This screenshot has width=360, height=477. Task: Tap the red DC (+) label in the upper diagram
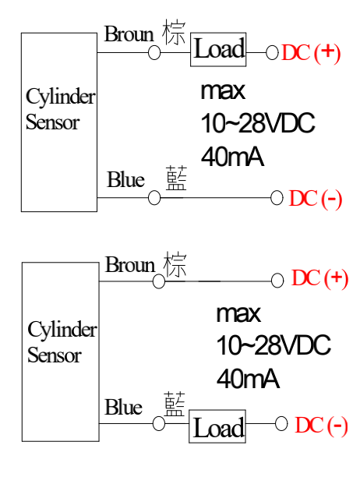click(x=311, y=53)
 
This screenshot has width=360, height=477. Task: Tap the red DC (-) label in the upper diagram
click(x=316, y=200)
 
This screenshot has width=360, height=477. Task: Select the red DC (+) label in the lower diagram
click(x=319, y=278)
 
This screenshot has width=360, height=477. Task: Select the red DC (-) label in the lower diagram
click(x=321, y=426)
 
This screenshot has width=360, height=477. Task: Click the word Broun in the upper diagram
click(x=129, y=34)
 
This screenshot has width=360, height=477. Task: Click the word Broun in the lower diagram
click(x=130, y=264)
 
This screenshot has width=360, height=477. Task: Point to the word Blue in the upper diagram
click(x=125, y=179)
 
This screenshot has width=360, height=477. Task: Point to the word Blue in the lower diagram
click(x=123, y=407)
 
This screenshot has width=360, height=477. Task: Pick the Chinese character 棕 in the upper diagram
click(x=174, y=32)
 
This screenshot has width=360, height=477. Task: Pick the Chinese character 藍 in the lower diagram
click(x=175, y=404)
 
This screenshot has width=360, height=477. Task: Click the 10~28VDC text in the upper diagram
click(x=258, y=123)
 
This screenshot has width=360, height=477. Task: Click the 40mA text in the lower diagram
click(x=248, y=379)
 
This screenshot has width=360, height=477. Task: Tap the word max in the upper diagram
click(x=223, y=91)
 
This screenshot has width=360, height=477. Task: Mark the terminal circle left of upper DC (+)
click(x=272, y=53)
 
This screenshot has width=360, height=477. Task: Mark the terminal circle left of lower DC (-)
click(x=281, y=424)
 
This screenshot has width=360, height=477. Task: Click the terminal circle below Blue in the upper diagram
click(x=154, y=198)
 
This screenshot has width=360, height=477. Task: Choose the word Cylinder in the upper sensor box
click(x=61, y=97)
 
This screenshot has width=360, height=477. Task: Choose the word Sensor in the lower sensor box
click(x=55, y=355)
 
